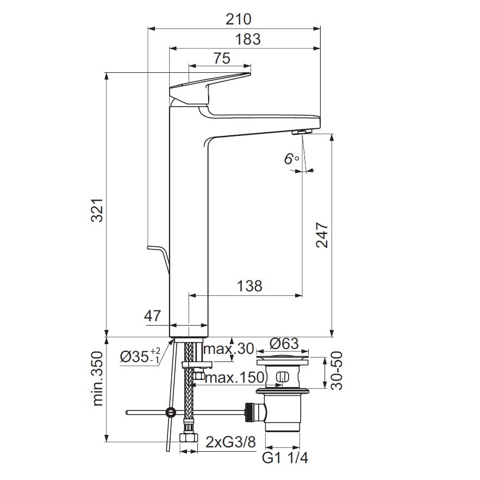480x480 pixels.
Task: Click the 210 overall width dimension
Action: pyautogui.click(x=239, y=19)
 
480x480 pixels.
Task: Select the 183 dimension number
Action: pyautogui.click(x=248, y=39)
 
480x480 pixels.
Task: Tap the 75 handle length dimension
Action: pyautogui.click(x=222, y=58)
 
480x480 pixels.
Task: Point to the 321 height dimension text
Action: pyautogui.click(x=98, y=210)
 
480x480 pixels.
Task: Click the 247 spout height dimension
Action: pyautogui.click(x=322, y=235)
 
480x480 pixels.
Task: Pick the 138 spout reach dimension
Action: pyautogui.click(x=250, y=286)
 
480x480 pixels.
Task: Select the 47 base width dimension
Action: pyautogui.click(x=152, y=316)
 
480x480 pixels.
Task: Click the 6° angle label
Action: pyautogui.click(x=291, y=159)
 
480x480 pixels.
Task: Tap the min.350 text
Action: pyautogui.click(x=98, y=378)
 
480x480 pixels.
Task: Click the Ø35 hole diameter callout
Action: pyautogui.click(x=140, y=356)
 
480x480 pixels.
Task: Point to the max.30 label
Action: pyautogui.click(x=229, y=348)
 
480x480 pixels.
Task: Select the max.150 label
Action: pyautogui.click(x=234, y=377)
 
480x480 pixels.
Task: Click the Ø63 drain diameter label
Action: pyautogui.click(x=284, y=344)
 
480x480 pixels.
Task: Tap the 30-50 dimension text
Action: pyautogui.click(x=336, y=370)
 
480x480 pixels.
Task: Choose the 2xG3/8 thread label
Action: pyautogui.click(x=230, y=442)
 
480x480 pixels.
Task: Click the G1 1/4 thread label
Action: pyautogui.click(x=285, y=458)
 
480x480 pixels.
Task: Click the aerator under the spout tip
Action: pyautogui.click(x=302, y=132)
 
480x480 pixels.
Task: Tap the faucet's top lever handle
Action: pyautogui.click(x=210, y=89)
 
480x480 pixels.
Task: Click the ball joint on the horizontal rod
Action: pyautogui.click(x=171, y=413)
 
